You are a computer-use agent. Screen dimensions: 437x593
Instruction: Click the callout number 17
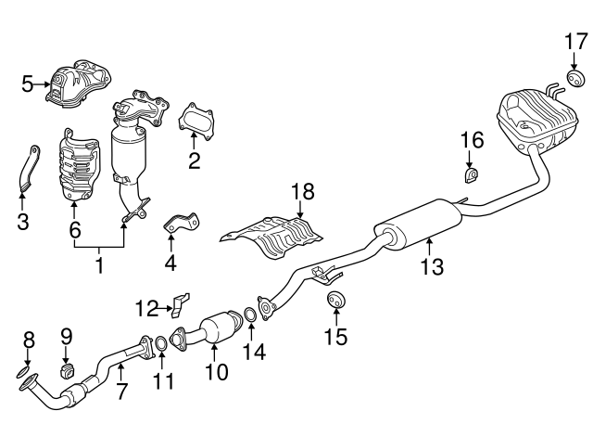click(575, 42)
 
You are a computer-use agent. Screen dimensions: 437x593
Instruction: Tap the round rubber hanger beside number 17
click(574, 76)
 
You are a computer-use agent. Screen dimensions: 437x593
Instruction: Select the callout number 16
click(472, 140)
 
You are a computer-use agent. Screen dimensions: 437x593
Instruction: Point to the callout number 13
click(431, 267)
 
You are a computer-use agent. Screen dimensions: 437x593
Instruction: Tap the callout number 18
click(303, 192)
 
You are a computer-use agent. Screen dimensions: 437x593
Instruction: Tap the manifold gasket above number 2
click(193, 122)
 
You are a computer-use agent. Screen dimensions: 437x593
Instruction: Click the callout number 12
click(145, 307)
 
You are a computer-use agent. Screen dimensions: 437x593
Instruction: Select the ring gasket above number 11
click(159, 347)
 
